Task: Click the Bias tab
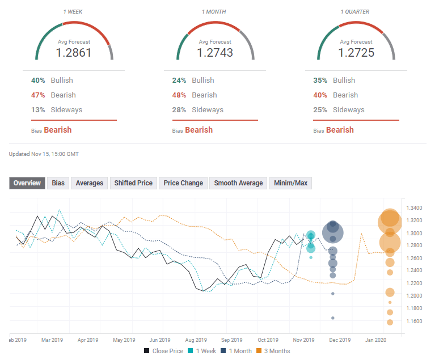[58, 183]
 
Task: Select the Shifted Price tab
[133, 183]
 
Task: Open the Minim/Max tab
[290, 183]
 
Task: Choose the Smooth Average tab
[238, 183]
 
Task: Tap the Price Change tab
[183, 183]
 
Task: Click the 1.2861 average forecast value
[74, 53]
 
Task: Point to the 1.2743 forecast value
[215, 53]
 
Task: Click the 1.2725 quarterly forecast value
[356, 53]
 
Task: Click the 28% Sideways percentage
[180, 110]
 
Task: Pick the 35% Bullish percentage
[321, 81]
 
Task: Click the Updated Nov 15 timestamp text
[44, 154]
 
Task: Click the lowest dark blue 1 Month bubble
[333, 317]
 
